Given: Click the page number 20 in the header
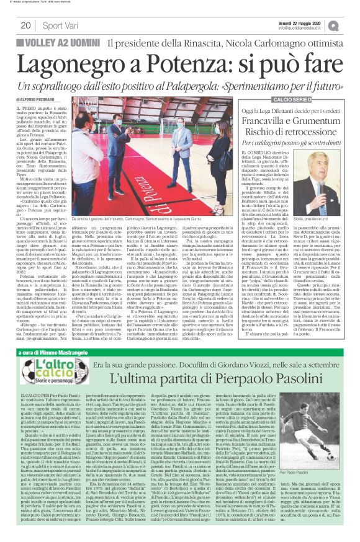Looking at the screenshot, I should click(x=25, y=25).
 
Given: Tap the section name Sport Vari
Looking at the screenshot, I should click(x=60, y=25).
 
